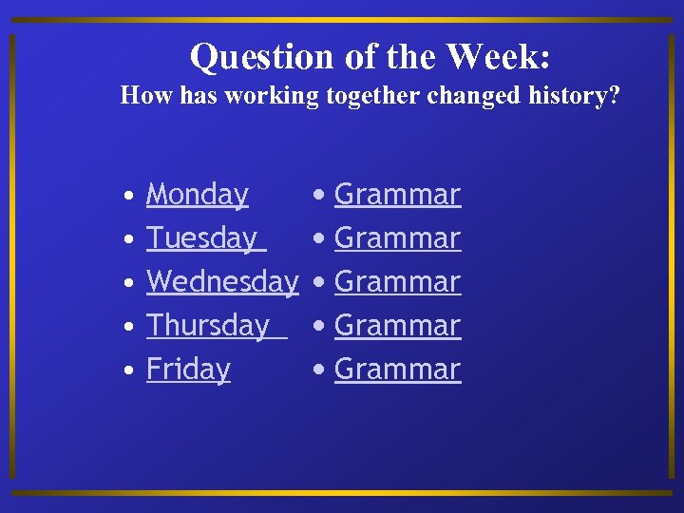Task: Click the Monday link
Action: click(197, 195)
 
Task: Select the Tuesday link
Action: click(202, 238)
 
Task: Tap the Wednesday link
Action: click(222, 282)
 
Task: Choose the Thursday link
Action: click(209, 326)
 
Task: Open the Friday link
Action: click(188, 370)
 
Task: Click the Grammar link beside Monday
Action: click(397, 195)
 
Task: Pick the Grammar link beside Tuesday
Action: click(397, 238)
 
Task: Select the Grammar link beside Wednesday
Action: click(397, 282)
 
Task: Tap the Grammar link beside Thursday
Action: click(397, 326)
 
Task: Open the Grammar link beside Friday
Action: click(397, 370)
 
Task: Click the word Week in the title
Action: click(497, 57)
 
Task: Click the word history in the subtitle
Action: click(579, 96)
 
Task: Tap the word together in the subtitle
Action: click(369, 96)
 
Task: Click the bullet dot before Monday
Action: click(127, 198)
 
